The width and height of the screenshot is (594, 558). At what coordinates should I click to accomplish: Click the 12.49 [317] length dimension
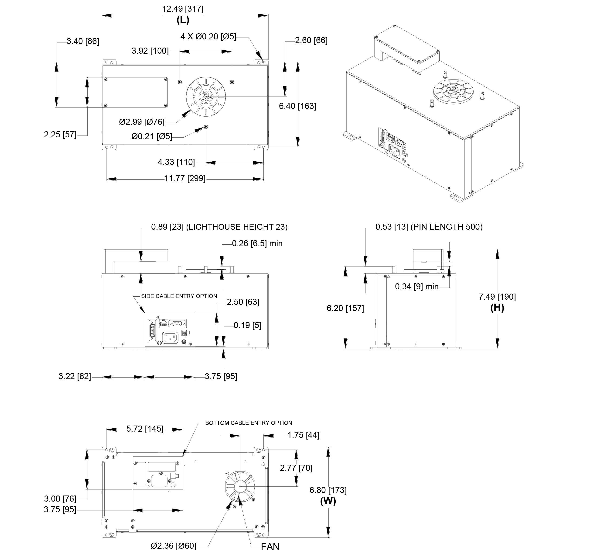(183, 9)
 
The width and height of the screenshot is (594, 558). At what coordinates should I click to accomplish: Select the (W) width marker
(328, 501)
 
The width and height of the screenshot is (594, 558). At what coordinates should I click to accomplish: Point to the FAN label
(270, 547)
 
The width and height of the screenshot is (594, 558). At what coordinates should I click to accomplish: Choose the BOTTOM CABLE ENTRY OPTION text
(248, 423)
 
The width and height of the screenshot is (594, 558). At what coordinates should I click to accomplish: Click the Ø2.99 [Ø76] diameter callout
(142, 122)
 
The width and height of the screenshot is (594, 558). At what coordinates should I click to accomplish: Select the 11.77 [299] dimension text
(185, 179)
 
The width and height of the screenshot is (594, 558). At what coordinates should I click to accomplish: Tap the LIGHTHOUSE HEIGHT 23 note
(237, 227)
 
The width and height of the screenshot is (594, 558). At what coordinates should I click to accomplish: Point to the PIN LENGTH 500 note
(446, 227)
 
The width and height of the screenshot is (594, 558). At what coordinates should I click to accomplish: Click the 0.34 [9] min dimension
(416, 287)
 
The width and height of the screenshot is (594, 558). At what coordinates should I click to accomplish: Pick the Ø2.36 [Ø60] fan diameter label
(173, 546)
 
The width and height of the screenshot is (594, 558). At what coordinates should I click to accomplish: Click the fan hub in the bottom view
(240, 487)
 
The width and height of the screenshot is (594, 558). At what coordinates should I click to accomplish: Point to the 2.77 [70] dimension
(296, 468)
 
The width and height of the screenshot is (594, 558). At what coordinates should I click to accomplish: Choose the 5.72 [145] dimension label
(145, 429)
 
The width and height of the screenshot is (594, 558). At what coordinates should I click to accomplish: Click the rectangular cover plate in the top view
(136, 92)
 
